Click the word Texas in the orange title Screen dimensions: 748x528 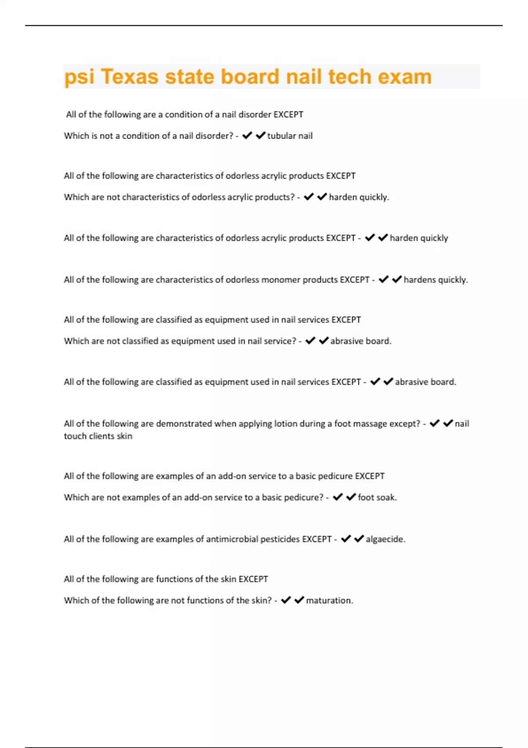click(x=129, y=77)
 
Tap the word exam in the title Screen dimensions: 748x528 click(x=405, y=77)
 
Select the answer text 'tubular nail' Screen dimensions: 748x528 click(x=290, y=136)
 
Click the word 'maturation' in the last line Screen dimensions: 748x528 click(x=329, y=600)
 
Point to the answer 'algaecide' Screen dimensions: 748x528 click(x=385, y=539)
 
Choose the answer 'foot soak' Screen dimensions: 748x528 click(x=377, y=497)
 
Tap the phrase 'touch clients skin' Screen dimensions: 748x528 click(x=98, y=436)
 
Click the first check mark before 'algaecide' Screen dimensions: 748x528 click(x=346, y=539)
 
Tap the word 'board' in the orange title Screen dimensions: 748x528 click(x=249, y=77)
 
